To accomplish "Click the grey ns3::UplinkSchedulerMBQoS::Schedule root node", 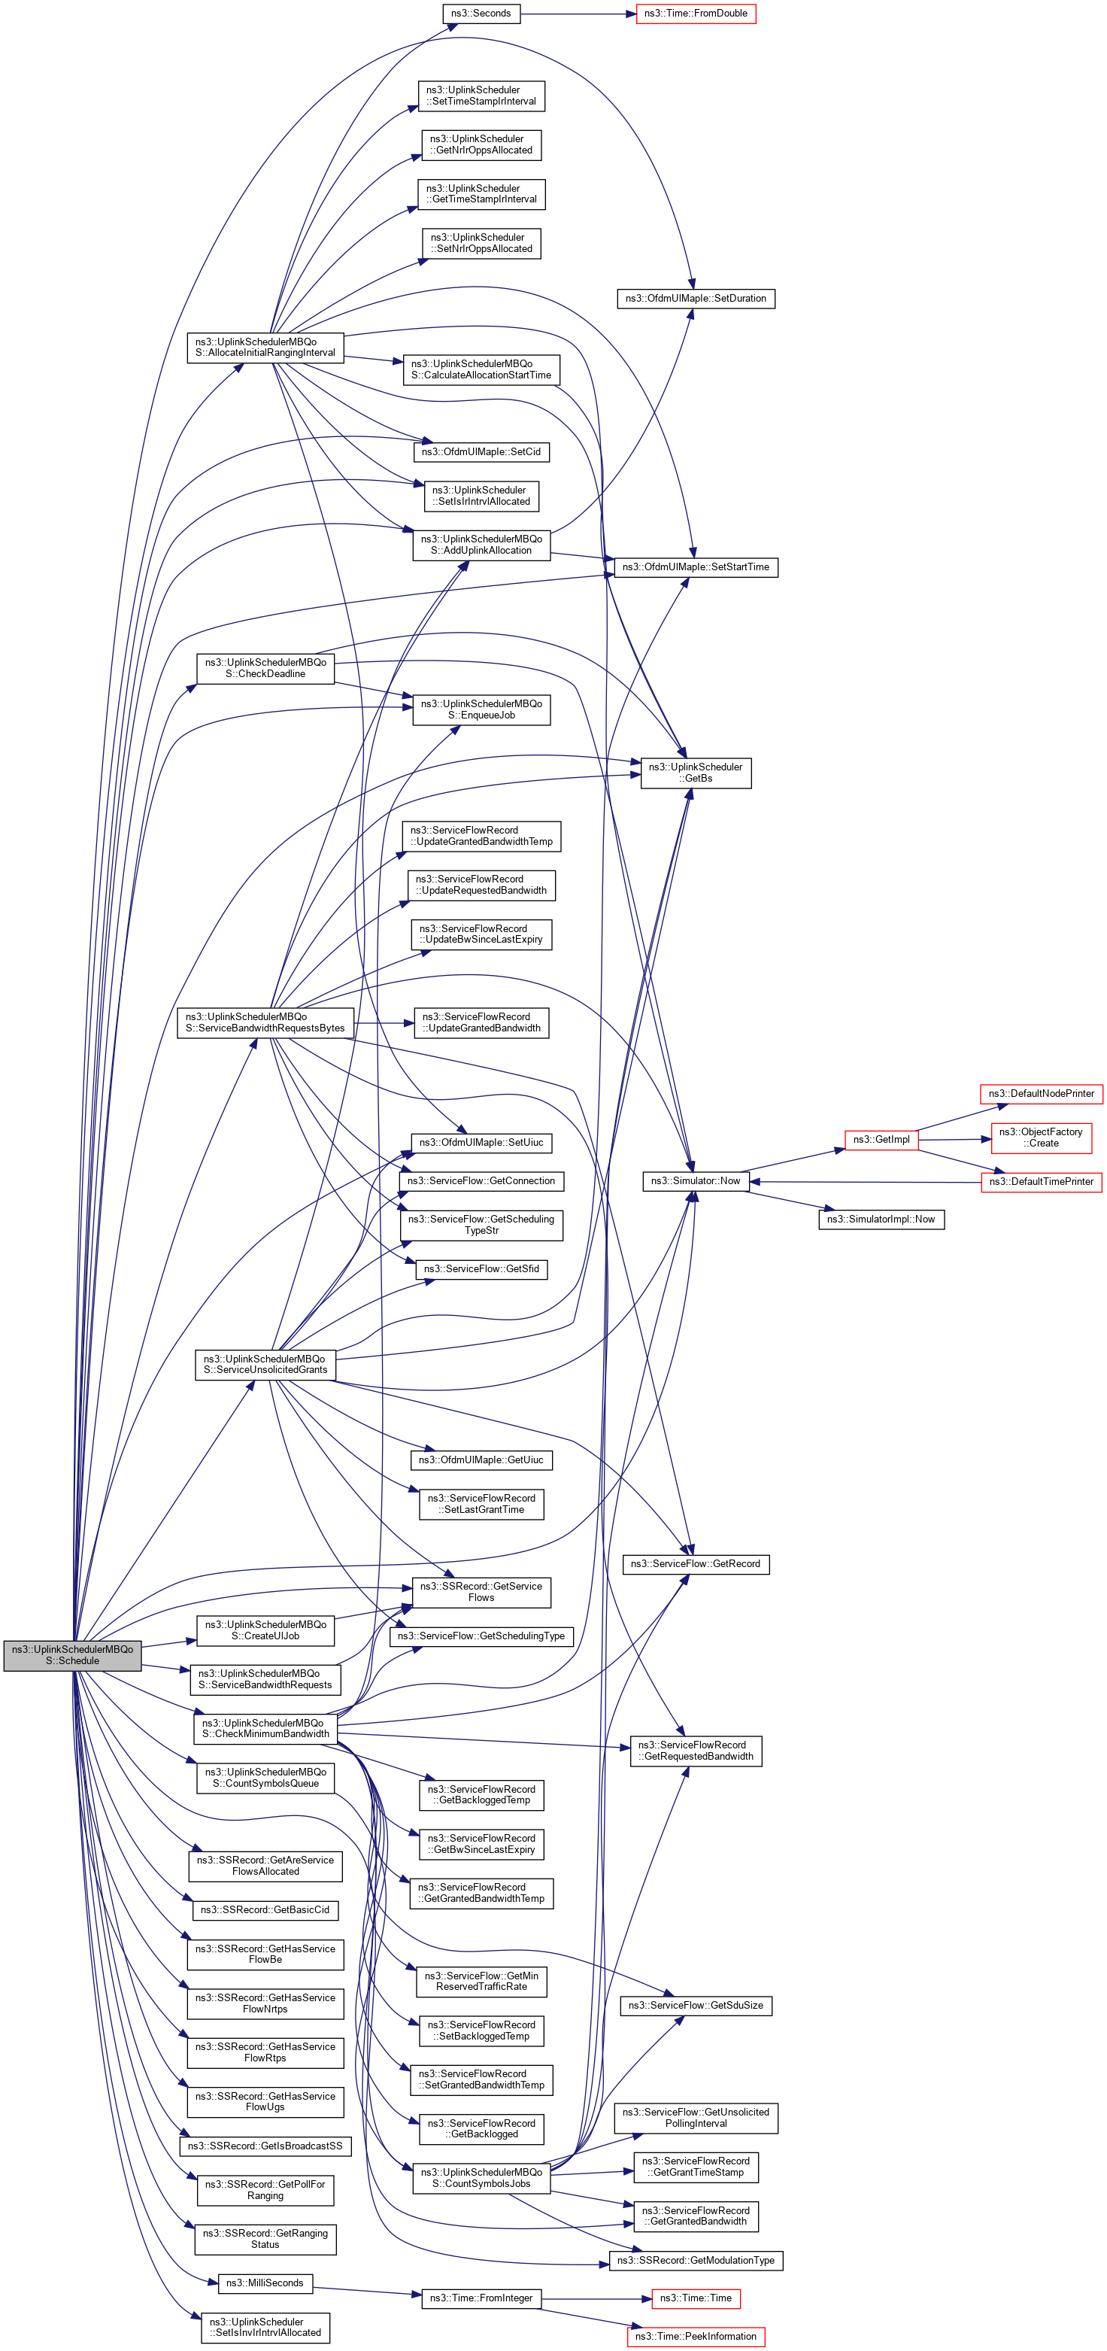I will (72, 1654).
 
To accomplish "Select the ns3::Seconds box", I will (481, 14).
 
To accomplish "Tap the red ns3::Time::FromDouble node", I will (696, 14).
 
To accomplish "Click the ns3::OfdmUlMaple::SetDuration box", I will (696, 299).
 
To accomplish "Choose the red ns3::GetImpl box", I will (881, 1139).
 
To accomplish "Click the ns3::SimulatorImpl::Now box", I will (881, 1220).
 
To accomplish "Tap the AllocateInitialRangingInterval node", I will (265, 348).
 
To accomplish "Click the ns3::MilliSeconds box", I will (265, 2283).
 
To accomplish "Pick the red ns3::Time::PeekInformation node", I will (696, 2337).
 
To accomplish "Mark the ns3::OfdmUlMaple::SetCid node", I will (481, 451).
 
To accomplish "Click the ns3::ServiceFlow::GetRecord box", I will (696, 1563).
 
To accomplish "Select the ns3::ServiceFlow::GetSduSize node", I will (696, 2005).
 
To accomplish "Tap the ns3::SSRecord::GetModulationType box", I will (696, 2260).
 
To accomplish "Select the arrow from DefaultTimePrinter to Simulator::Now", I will (867, 1182).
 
